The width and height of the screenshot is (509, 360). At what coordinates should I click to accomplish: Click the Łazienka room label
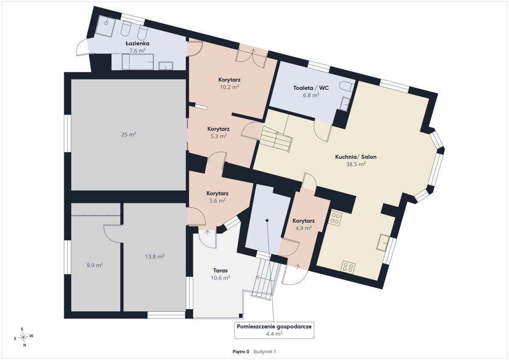pyautogui.click(x=137, y=43)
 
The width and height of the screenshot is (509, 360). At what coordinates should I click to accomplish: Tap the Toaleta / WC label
pyautogui.click(x=311, y=88)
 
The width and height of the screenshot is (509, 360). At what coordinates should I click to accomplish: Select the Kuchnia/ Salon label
pyautogui.click(x=355, y=157)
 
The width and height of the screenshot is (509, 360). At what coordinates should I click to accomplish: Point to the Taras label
pyautogui.click(x=221, y=271)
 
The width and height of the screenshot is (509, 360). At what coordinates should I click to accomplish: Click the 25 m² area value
pyautogui.click(x=129, y=134)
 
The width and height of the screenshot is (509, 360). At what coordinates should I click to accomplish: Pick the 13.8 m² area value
pyautogui.click(x=155, y=257)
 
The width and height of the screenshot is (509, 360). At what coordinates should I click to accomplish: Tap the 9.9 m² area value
pyautogui.click(x=95, y=265)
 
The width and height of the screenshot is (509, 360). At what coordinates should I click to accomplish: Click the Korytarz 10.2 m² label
pyautogui.click(x=229, y=83)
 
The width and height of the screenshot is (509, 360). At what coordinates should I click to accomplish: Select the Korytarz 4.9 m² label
pyautogui.click(x=304, y=224)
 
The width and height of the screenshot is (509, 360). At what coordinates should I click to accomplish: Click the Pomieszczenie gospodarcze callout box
pyautogui.click(x=274, y=330)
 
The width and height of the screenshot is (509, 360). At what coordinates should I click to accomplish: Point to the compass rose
pyautogui.click(x=23, y=337)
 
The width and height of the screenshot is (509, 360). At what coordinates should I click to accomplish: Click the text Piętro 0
pyautogui.click(x=241, y=352)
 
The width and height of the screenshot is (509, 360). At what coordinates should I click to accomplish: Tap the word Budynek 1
pyautogui.click(x=265, y=352)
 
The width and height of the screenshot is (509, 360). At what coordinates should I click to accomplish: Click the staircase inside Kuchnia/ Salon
pyautogui.click(x=276, y=139)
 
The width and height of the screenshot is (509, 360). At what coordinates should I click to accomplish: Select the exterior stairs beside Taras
pyautogui.click(x=266, y=280)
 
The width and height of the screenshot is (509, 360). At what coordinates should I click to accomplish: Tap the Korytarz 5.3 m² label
pyautogui.click(x=218, y=132)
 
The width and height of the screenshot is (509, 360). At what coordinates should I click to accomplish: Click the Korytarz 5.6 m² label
pyautogui.click(x=217, y=197)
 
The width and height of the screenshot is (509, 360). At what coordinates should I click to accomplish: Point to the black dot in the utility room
pyautogui.click(x=267, y=220)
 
